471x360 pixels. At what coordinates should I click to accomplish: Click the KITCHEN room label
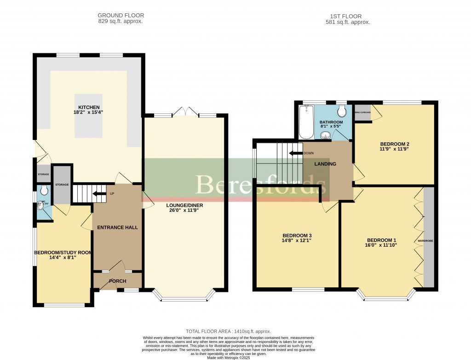[x=89, y=107]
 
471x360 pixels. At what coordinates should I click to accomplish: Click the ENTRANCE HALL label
[x=117, y=227]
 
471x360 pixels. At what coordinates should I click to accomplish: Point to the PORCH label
[x=117, y=281]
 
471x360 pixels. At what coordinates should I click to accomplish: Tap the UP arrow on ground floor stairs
[x=99, y=193]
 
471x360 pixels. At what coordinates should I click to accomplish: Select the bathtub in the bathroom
[x=306, y=122]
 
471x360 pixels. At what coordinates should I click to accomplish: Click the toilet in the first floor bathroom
[x=341, y=111]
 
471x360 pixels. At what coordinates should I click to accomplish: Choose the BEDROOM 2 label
[x=394, y=144]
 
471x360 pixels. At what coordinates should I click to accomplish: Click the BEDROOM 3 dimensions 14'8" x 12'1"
[x=297, y=241]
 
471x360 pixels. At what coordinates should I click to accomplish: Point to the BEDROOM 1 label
[x=381, y=240]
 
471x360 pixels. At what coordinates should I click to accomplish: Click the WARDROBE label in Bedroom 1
[x=425, y=241]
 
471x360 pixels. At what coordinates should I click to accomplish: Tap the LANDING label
[x=325, y=164]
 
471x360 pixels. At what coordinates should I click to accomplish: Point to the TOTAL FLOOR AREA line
[x=228, y=331]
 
